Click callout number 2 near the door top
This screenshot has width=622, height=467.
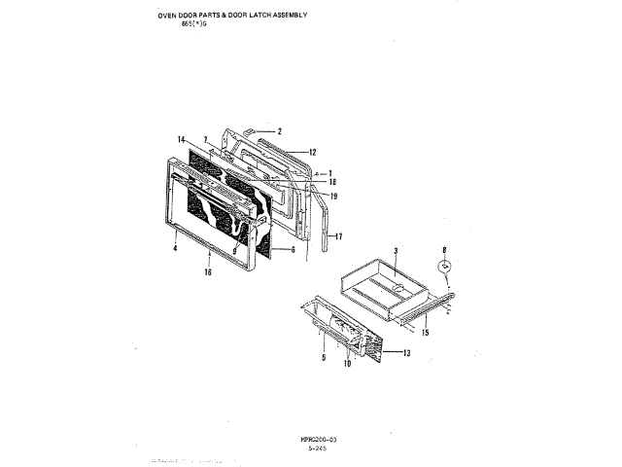coord(278,130)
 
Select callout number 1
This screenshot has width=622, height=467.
coord(329,172)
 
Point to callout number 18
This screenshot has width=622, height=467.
coord(332,183)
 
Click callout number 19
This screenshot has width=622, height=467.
coord(332,197)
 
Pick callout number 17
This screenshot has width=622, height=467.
coord(339,236)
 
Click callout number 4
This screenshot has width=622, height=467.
coord(175,249)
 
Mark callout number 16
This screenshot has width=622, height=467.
coord(208,273)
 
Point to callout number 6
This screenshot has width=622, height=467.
coord(291,250)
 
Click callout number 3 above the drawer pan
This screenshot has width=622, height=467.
coord(397,251)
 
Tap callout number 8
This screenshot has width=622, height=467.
coord(443,250)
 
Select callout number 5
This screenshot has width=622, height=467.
coord(323,358)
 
